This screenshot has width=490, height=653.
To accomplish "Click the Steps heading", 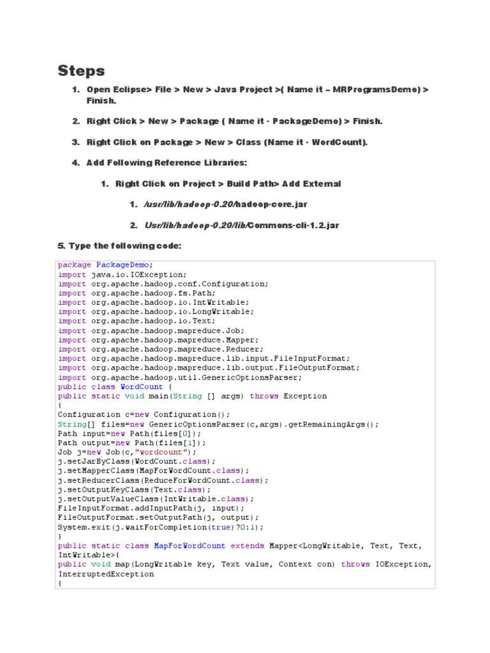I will (81, 71).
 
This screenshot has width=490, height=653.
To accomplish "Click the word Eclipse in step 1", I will (130, 90).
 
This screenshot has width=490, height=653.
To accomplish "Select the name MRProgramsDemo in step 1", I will (379, 90).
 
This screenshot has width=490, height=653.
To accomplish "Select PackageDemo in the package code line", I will (124, 265).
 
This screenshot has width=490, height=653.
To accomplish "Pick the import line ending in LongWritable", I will (156, 312).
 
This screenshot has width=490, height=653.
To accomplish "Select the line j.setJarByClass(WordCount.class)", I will (137, 461).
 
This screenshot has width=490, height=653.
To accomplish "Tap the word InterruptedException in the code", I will (106, 574).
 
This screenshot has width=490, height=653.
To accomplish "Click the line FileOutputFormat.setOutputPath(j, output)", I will (150, 518).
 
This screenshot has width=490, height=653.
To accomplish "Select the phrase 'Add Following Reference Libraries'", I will (167, 163).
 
